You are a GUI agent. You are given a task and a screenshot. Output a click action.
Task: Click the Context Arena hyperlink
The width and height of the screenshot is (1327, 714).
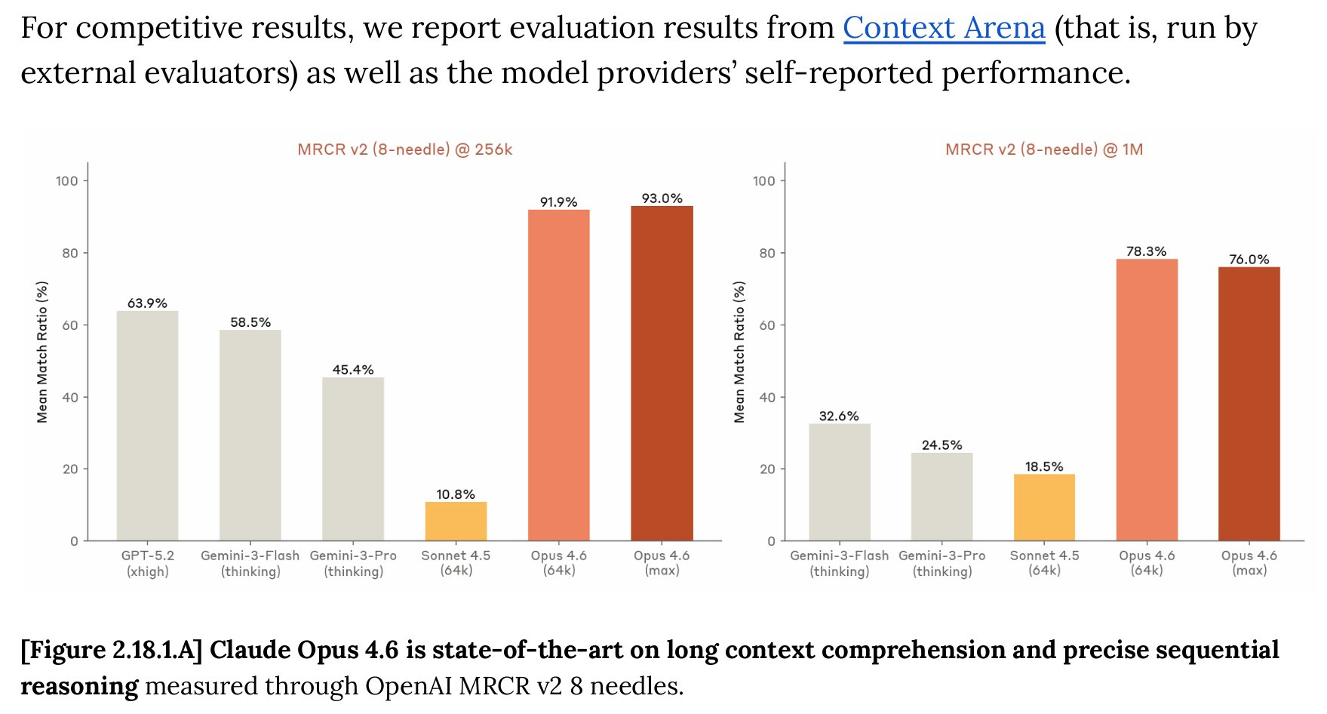pyautogui.click(x=943, y=29)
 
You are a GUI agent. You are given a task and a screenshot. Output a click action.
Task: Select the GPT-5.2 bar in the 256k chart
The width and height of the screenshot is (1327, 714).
pyautogui.click(x=147, y=426)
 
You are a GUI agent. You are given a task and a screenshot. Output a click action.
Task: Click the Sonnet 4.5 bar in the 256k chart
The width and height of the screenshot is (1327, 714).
pyautogui.click(x=456, y=522)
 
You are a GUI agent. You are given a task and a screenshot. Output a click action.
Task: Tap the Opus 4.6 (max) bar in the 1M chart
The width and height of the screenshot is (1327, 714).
pyautogui.click(x=1249, y=404)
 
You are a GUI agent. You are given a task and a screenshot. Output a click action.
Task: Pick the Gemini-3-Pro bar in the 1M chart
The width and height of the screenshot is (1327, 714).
pyautogui.click(x=941, y=497)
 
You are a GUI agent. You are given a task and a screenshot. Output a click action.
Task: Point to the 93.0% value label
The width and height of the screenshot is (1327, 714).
pyautogui.click(x=662, y=199)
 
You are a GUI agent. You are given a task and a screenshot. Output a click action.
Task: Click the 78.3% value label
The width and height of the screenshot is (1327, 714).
pyautogui.click(x=1146, y=251)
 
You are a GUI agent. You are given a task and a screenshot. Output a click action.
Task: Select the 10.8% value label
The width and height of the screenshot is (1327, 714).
pyautogui.click(x=456, y=494)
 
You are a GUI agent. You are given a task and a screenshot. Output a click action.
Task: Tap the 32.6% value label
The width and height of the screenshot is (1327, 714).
pyautogui.click(x=839, y=416)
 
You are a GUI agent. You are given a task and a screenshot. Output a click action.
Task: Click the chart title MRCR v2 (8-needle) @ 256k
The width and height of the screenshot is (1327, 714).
pyautogui.click(x=405, y=149)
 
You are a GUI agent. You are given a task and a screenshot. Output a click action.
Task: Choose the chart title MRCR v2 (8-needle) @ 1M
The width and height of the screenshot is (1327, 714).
pyautogui.click(x=1044, y=149)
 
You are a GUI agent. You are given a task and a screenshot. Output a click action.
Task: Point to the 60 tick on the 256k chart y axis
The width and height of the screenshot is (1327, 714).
pyautogui.click(x=70, y=325)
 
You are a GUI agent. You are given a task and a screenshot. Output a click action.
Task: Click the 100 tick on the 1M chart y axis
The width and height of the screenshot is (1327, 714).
pyautogui.click(x=763, y=181)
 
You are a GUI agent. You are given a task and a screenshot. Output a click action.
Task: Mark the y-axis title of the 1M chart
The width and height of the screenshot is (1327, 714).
pyautogui.click(x=739, y=352)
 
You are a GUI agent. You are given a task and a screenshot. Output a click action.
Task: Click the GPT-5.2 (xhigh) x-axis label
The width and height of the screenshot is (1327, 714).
pyautogui.click(x=148, y=563)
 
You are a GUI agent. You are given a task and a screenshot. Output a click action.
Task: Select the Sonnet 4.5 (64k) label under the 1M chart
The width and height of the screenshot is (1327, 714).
pyautogui.click(x=1044, y=563)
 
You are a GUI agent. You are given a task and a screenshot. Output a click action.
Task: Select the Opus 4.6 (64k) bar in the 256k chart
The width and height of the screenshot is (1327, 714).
pyautogui.click(x=558, y=375)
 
